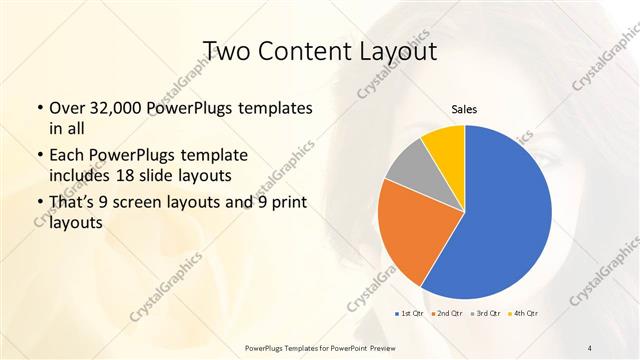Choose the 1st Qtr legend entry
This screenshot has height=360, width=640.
click(x=410, y=314)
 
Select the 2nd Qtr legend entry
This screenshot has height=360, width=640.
click(x=446, y=314)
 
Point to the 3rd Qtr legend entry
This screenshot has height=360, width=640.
click(x=486, y=314)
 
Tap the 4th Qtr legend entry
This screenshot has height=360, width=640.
click(x=524, y=314)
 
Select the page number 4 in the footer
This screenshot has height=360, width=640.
click(x=590, y=347)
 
